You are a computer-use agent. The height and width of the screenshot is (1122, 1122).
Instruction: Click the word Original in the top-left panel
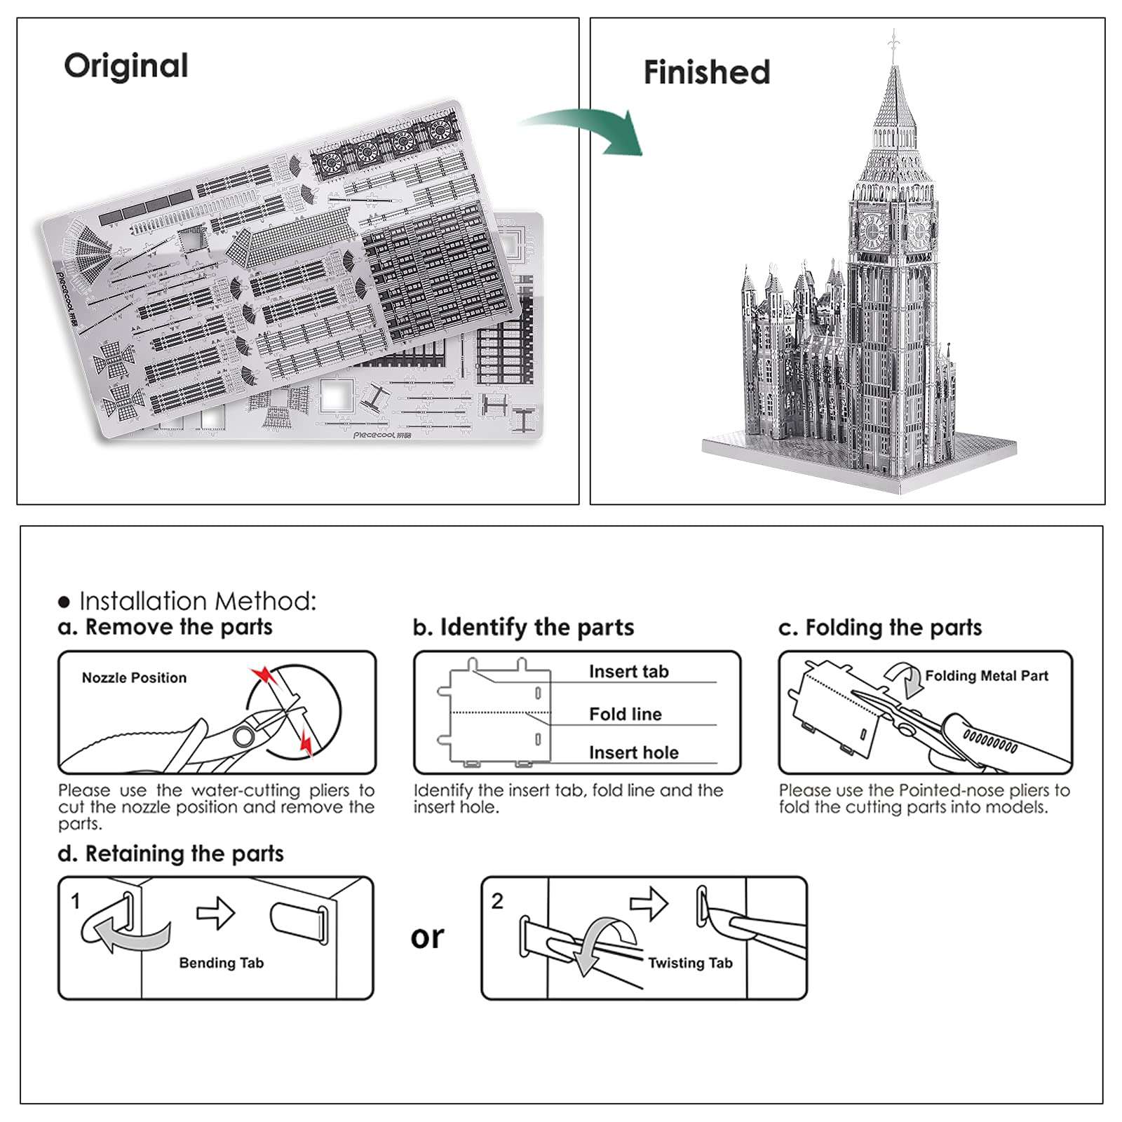pos(126,66)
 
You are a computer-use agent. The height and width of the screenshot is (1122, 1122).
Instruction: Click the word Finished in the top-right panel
pos(706,72)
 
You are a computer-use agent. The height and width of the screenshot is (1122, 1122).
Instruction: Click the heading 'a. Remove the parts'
pos(165,626)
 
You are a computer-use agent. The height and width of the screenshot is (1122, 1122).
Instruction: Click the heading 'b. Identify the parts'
pos(523,627)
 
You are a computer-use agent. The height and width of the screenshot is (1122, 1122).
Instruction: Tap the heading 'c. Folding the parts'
pos(880,627)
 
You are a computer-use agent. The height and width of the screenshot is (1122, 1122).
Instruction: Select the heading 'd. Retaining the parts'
pos(170,853)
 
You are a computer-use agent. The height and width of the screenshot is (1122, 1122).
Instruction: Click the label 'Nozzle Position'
pos(134,677)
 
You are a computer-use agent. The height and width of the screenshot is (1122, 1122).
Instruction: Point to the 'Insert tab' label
pos(628,671)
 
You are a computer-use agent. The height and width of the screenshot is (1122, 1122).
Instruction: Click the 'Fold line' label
pos(625,714)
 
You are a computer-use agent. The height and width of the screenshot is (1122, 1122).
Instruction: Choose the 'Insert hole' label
pos(633,752)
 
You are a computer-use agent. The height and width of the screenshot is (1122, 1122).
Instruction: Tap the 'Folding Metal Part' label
pos(986,675)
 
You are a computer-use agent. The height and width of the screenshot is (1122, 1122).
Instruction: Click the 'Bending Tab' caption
pos(221,963)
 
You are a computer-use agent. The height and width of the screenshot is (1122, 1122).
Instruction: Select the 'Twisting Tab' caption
pos(689,963)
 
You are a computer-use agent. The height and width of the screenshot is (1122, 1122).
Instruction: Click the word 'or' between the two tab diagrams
pos(427,937)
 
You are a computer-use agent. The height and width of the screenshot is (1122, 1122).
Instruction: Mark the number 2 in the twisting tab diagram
pos(497,900)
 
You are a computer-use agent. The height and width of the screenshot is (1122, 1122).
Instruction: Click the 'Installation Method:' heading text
pos(198,601)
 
